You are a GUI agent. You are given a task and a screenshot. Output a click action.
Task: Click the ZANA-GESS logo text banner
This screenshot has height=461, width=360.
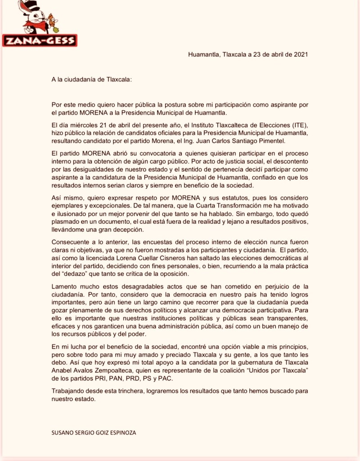[39, 41]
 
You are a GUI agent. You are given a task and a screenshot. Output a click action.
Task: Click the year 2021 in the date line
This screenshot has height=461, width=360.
[301, 54]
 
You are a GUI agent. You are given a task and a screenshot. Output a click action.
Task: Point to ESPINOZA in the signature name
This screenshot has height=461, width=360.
[121, 433]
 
